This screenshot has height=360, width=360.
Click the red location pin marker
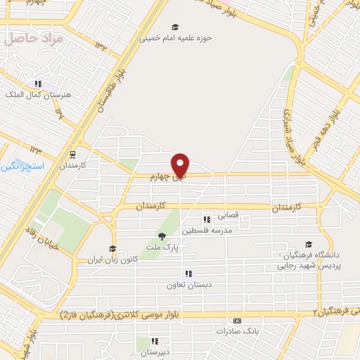[x=181, y=165]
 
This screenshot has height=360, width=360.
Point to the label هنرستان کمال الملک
[x=34, y=94]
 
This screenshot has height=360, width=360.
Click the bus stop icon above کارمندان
[x=72, y=155]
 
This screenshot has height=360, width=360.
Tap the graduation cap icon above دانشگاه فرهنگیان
[x=308, y=244]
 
